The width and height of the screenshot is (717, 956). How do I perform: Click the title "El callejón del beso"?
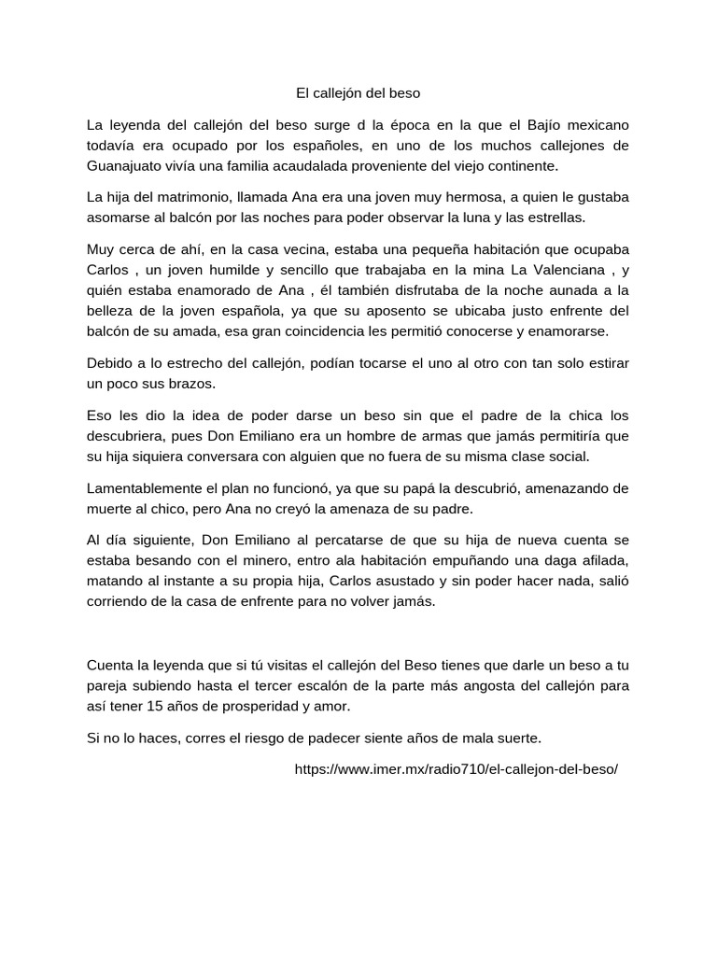pos(358,93)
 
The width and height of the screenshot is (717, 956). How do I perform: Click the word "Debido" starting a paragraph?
pos(108,363)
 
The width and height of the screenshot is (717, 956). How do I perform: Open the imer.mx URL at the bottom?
pos(456,769)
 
